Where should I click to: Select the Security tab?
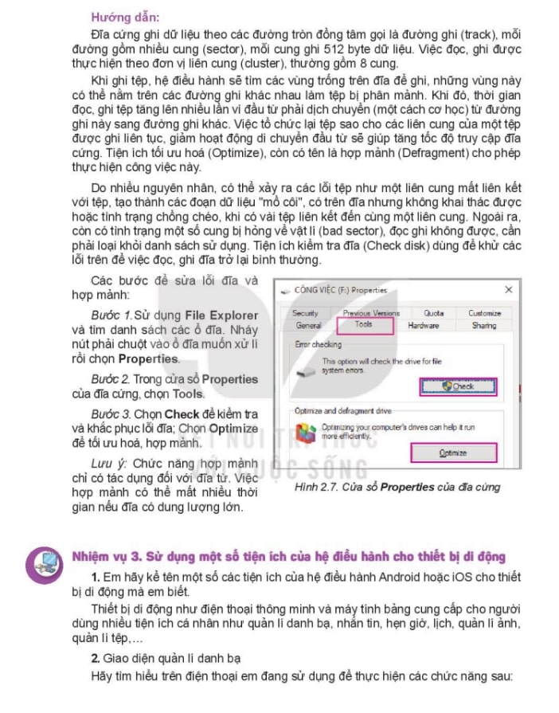tap(305, 314)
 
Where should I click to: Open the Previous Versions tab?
tap(371, 314)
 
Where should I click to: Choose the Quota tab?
tap(433, 314)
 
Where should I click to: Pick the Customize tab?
tap(484, 314)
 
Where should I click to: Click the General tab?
tap(308, 325)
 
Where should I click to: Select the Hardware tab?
tap(423, 325)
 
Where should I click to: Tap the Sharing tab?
tap(483, 325)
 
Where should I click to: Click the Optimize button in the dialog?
tap(452, 452)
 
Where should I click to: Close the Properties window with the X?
tap(508, 291)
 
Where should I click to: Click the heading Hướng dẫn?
tap(116, 15)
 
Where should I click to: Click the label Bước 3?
tap(110, 414)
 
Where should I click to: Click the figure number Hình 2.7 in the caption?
tap(315, 486)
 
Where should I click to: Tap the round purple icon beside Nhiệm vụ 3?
tap(43, 562)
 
